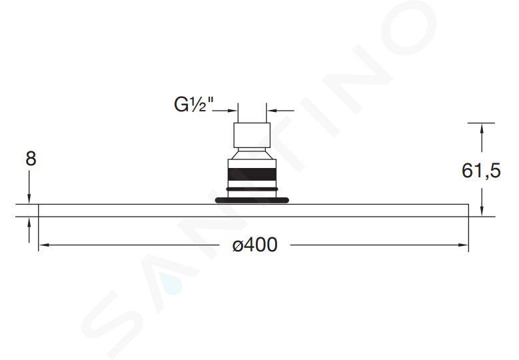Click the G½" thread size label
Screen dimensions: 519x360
point(194,105)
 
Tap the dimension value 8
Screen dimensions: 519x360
point(31,159)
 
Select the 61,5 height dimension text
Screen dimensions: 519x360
point(481,171)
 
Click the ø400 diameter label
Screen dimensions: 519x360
point(255,245)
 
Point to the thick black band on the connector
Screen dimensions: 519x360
point(253,174)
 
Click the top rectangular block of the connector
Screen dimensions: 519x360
point(253,135)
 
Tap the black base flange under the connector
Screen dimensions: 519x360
point(253,200)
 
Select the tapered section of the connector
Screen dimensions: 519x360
point(253,155)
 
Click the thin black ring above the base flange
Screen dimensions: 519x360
point(253,189)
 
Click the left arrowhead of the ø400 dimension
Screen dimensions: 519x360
point(45,245)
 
